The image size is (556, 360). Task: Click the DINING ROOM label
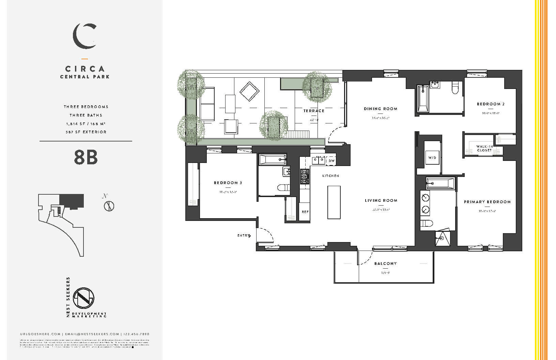pyautogui.click(x=381, y=109)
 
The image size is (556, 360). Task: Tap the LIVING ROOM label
pyautogui.click(x=381, y=200)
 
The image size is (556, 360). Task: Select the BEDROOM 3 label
pyautogui.click(x=228, y=183)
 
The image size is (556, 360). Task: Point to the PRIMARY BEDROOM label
pyautogui.click(x=487, y=202)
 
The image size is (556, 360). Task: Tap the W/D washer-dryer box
pyautogui.click(x=432, y=158)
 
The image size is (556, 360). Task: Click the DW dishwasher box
pyautogui.click(x=331, y=161)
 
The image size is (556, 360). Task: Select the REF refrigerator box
pyautogui.click(x=305, y=212)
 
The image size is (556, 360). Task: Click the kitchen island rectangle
pyautogui.click(x=334, y=202)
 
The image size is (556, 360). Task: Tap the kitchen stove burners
pyautogui.click(x=305, y=177)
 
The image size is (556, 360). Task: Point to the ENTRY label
pyautogui.click(x=243, y=236)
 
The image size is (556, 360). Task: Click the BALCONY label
pyautogui.click(x=385, y=264)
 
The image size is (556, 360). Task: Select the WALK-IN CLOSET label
pyautogui.click(x=484, y=148)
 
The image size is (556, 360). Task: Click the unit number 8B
pyautogui.click(x=86, y=157)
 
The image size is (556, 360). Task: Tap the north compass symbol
pyautogui.click(x=109, y=206)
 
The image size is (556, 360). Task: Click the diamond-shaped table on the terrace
pyautogui.click(x=249, y=91)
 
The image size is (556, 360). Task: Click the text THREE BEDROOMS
pyautogui.click(x=86, y=107)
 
